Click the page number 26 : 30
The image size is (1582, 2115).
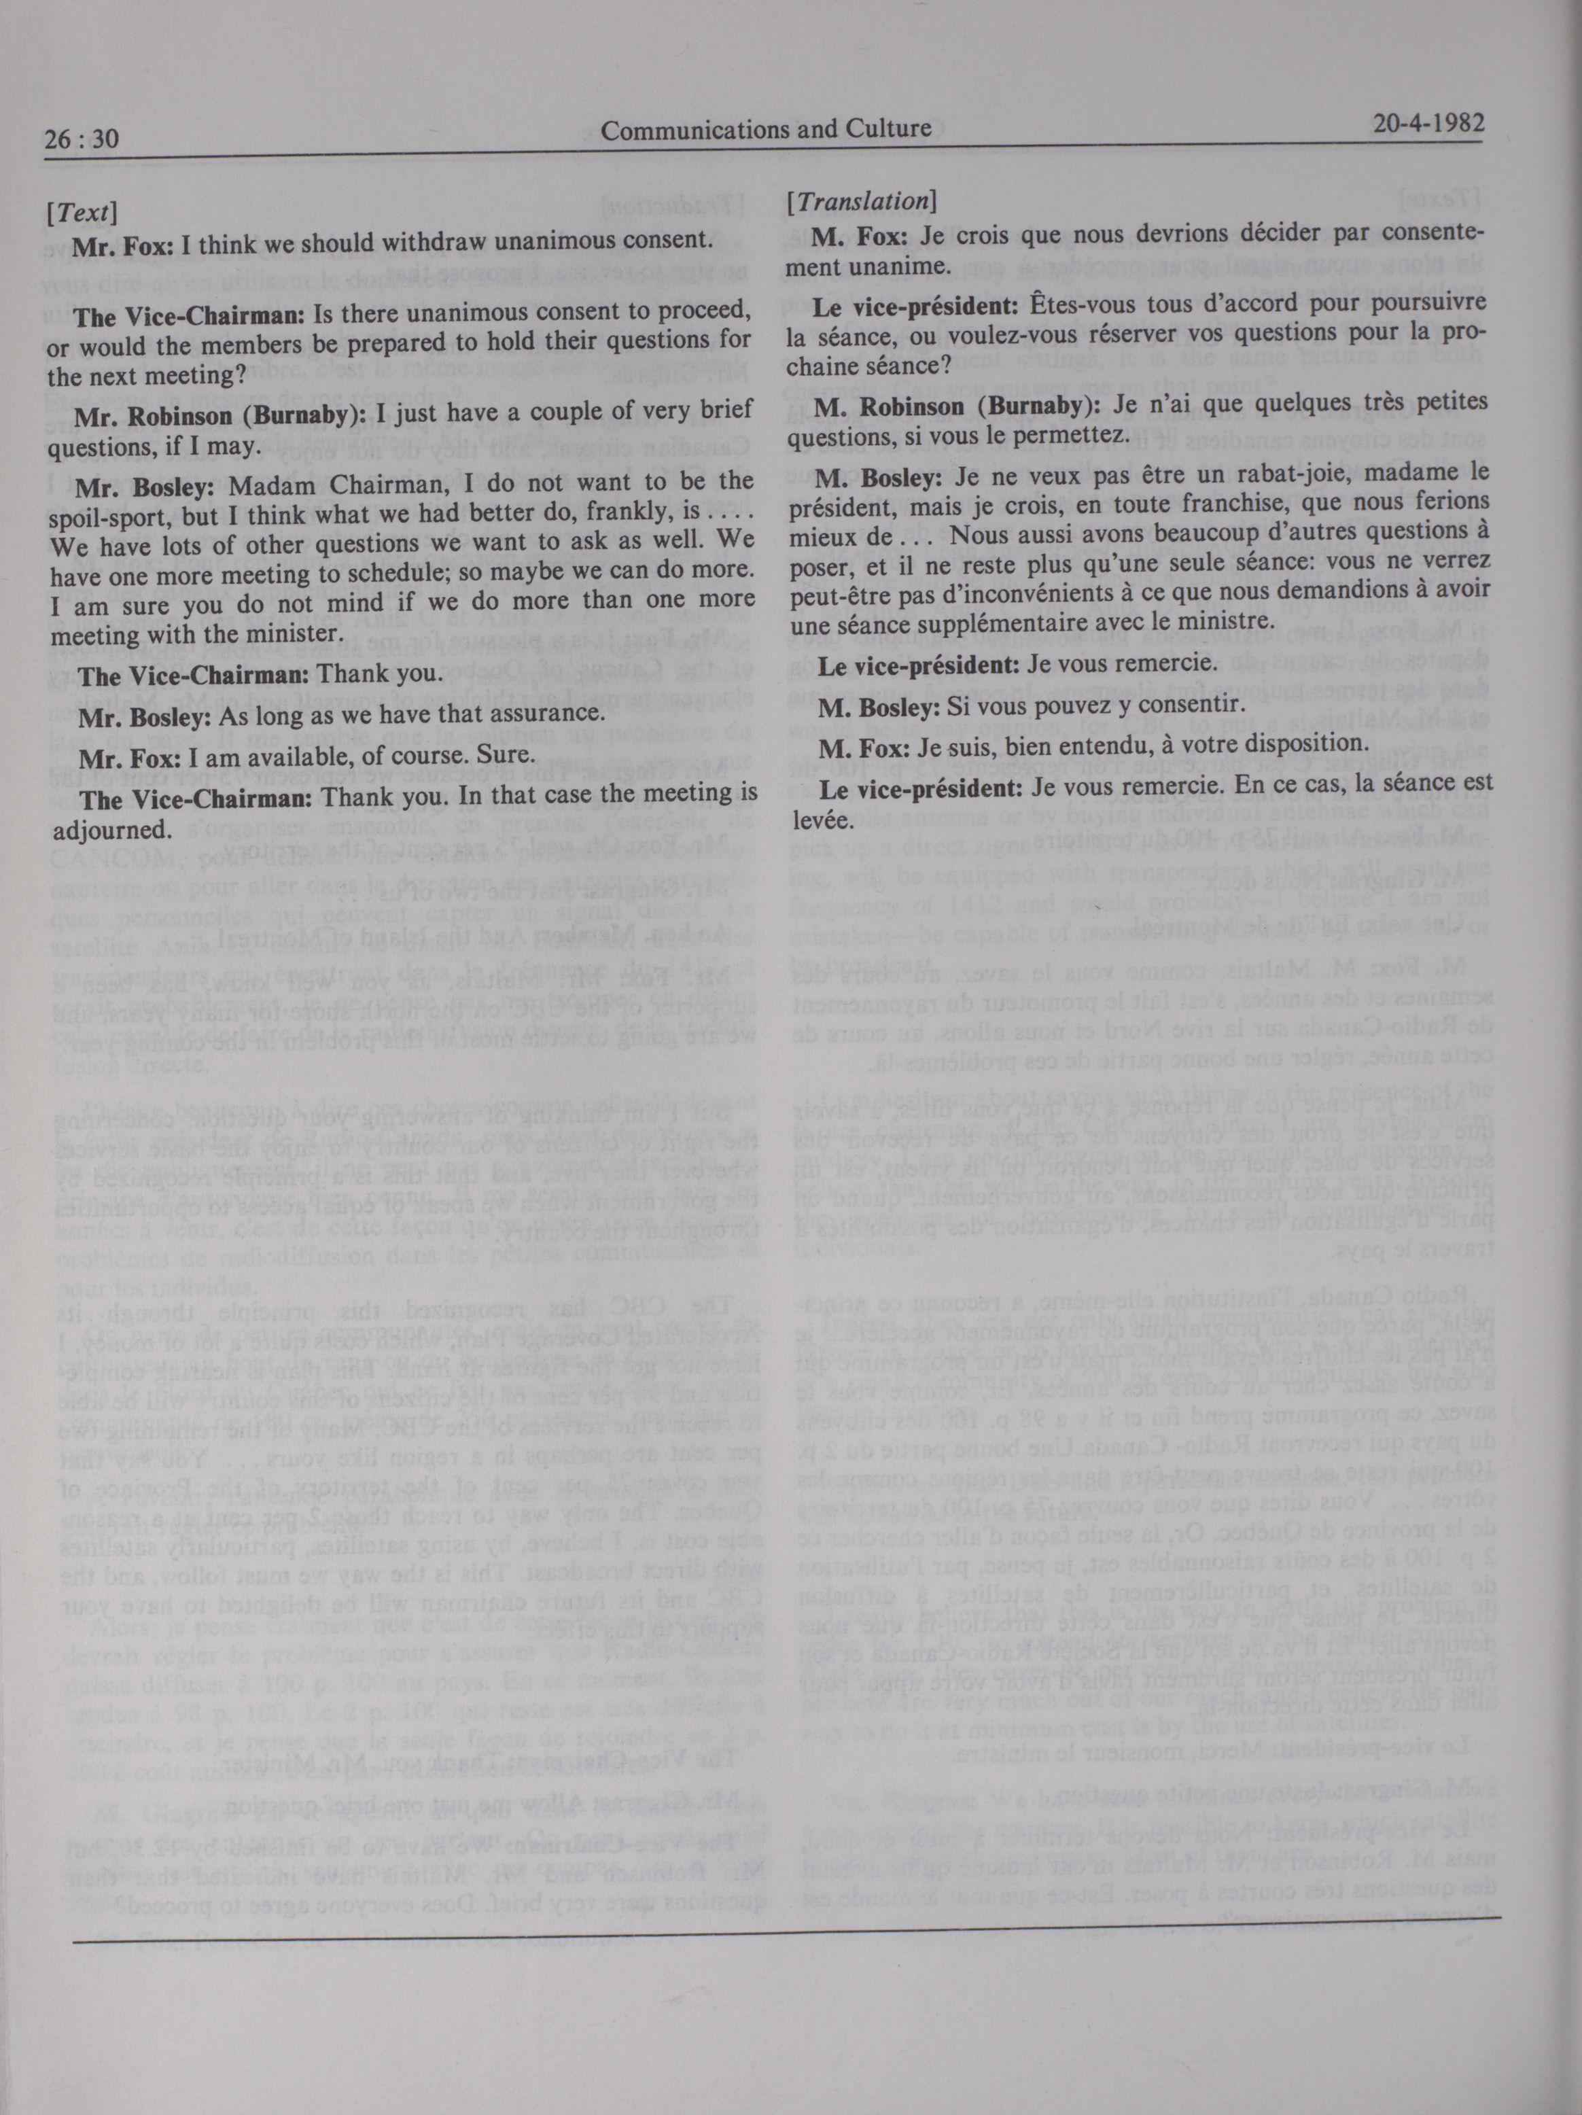pyautogui.click(x=82, y=139)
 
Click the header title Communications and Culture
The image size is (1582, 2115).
pyautogui.click(x=766, y=129)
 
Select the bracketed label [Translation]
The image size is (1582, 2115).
pyautogui.click(x=860, y=202)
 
